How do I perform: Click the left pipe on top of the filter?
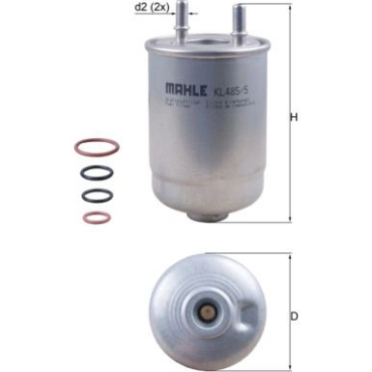point(178,29)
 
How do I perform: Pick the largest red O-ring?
point(98,148)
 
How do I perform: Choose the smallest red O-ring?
point(97,217)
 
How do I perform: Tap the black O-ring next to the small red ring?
point(98,196)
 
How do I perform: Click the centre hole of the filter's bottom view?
point(206,315)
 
